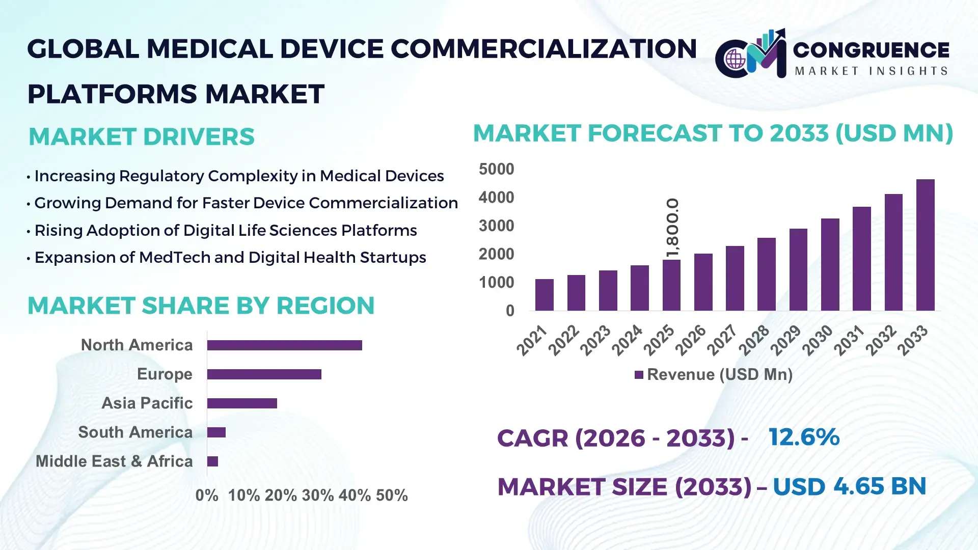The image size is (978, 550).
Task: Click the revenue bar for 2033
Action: tap(925, 245)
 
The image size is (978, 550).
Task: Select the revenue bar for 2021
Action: tap(545, 295)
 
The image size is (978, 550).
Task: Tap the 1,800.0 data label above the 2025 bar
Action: tap(672, 228)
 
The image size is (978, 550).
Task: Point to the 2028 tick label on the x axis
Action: tap(754, 340)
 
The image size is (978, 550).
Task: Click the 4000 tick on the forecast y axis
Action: tap(496, 198)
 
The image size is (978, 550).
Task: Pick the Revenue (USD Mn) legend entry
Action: tap(713, 375)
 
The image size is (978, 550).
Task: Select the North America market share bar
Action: tap(284, 345)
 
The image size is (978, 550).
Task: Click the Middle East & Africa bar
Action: tap(212, 461)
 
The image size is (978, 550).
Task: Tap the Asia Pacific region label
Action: tap(147, 403)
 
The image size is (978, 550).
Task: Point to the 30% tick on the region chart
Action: tap(317, 496)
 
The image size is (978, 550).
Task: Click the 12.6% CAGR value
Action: tap(804, 437)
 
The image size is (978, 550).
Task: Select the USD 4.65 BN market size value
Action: tap(849, 486)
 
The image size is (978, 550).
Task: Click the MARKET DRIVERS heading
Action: tap(141, 136)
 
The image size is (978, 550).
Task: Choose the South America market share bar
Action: tap(216, 432)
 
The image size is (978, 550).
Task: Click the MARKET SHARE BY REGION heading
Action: tap(201, 306)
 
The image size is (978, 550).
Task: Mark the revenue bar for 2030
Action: tap(830, 265)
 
